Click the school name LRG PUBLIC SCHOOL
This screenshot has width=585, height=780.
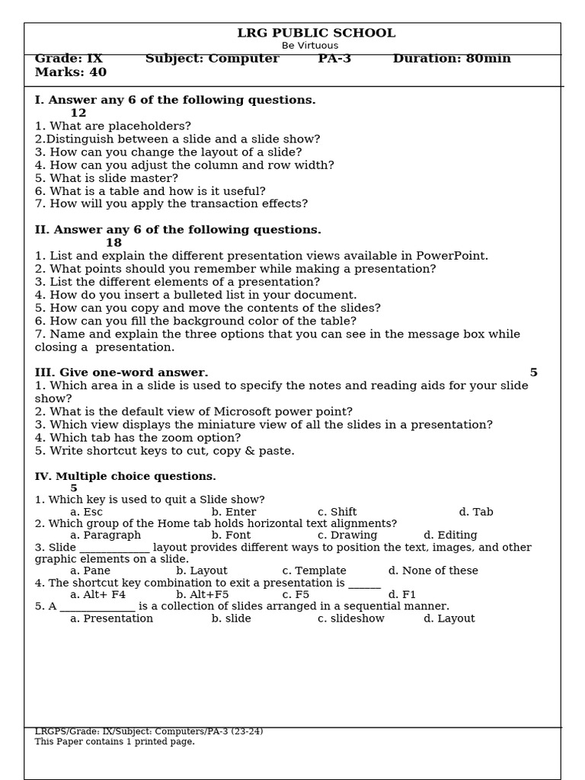click(316, 34)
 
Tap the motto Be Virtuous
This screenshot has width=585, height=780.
click(310, 46)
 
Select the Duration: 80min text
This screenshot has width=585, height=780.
click(452, 59)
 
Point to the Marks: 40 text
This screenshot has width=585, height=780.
click(71, 72)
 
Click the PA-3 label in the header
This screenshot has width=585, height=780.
click(334, 59)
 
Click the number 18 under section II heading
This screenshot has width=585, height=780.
click(113, 243)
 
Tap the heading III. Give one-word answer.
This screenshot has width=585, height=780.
click(121, 372)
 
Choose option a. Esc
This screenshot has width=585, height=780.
click(86, 512)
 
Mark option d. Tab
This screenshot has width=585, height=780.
click(476, 512)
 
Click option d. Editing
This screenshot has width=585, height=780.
click(450, 535)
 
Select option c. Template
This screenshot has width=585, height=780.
click(314, 571)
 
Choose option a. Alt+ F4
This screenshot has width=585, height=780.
click(97, 595)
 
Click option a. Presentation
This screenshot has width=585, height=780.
click(111, 619)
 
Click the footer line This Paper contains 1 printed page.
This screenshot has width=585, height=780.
click(114, 742)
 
